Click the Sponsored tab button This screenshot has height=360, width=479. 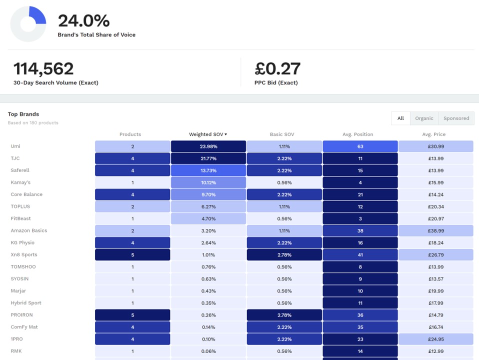(456, 118)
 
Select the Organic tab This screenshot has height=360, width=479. (424, 118)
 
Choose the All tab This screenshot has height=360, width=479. (400, 118)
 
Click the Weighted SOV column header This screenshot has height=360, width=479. (207, 134)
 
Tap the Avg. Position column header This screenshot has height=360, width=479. (357, 134)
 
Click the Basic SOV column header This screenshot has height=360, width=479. (282, 134)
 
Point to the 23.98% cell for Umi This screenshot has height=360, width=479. (208, 146)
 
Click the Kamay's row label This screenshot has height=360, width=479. (20, 182)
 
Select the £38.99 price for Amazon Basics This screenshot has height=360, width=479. (435, 230)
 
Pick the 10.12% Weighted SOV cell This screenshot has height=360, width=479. (208, 182)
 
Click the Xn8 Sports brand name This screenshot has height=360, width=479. (24, 254)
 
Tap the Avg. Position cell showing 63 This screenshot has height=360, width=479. (360, 146)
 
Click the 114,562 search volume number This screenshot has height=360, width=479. (43, 68)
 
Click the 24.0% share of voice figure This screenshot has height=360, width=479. (83, 21)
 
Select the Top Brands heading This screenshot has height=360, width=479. (23, 114)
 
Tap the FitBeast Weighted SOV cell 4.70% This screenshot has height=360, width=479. (208, 218)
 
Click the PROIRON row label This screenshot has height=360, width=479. (21, 315)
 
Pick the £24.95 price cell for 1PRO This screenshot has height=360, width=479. (435, 339)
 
